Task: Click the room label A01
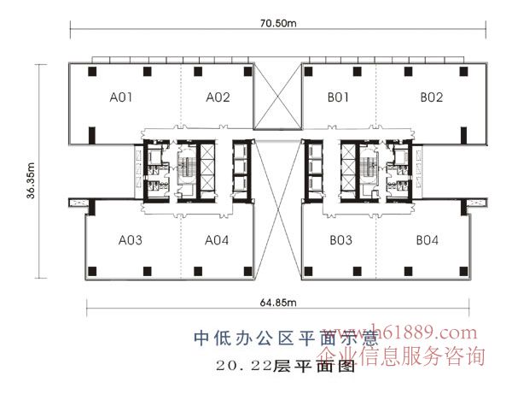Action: [x=120, y=98]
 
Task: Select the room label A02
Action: [x=218, y=98]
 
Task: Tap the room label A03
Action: [x=130, y=240]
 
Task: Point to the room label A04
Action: [x=217, y=240]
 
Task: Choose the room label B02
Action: [x=431, y=98]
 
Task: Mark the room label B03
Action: [x=340, y=240]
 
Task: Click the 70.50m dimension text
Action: [x=278, y=25]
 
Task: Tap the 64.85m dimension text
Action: [x=277, y=300]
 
